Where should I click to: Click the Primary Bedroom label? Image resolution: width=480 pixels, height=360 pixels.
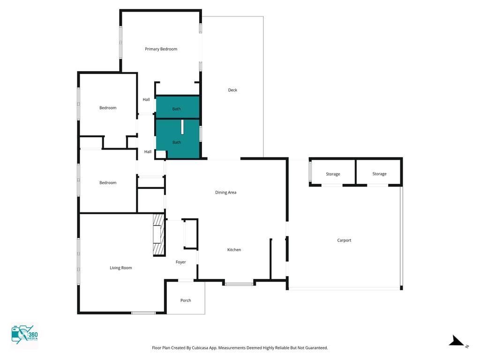(161, 49)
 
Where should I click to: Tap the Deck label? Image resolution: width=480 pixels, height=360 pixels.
(232, 90)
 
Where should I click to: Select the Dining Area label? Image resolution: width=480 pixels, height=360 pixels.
(225, 193)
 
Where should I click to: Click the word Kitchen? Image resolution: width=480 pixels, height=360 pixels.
(234, 250)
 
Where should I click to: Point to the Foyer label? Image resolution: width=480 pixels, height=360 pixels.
(180, 262)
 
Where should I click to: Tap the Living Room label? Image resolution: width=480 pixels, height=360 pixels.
(121, 268)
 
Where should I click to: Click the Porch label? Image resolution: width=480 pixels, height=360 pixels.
(186, 300)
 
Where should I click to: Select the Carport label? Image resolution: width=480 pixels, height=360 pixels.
(344, 240)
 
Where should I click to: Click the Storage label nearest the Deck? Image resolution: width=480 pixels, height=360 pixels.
(333, 174)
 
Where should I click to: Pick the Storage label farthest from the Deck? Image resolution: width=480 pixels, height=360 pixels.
(380, 174)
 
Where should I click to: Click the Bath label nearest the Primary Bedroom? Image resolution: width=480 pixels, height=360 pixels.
(176, 109)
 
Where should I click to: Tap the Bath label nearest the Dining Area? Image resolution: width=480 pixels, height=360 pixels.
(177, 142)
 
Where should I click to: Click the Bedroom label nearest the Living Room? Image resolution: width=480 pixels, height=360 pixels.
(108, 183)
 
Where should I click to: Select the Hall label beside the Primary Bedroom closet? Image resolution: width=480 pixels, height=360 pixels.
(146, 99)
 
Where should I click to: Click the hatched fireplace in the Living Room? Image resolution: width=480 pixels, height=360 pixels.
(159, 235)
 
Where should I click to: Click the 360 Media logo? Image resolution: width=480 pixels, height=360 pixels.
(24, 335)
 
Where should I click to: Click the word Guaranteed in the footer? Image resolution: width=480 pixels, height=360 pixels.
(316, 348)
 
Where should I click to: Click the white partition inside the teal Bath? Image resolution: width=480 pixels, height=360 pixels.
(182, 127)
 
